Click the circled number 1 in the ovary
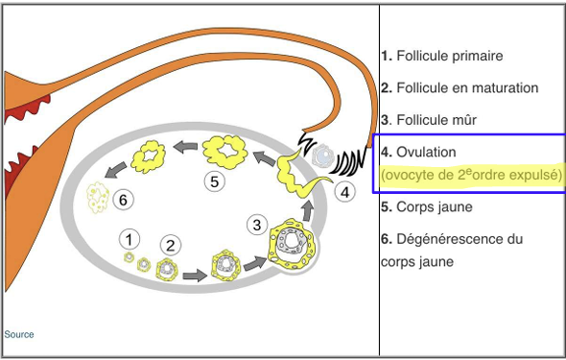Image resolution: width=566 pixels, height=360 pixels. pyautogui.click(x=130, y=239)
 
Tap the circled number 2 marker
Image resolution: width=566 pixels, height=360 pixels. pyautogui.click(x=171, y=246)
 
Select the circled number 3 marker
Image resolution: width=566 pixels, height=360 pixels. pyautogui.click(x=257, y=225)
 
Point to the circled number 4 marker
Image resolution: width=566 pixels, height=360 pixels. pyautogui.click(x=344, y=192)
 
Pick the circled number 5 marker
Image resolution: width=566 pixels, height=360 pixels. pyautogui.click(x=215, y=181)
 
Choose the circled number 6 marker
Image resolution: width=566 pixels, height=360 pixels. pyautogui.click(x=123, y=200)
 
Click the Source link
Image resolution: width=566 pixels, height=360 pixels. pyautogui.click(x=19, y=334)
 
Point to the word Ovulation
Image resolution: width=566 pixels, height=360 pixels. pyautogui.click(x=426, y=152)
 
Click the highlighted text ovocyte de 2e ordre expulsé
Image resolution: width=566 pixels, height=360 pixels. pyautogui.click(x=471, y=175)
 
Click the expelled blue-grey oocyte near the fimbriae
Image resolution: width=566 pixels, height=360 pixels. pyautogui.click(x=323, y=156)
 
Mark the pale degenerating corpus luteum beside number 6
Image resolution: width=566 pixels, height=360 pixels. pyautogui.click(x=98, y=197)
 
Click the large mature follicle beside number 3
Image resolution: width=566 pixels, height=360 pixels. pyautogui.click(x=292, y=245)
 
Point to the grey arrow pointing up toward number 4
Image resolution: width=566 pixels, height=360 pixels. pyautogui.click(x=308, y=210)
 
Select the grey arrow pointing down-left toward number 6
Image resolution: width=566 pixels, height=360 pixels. pyautogui.click(x=115, y=170)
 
